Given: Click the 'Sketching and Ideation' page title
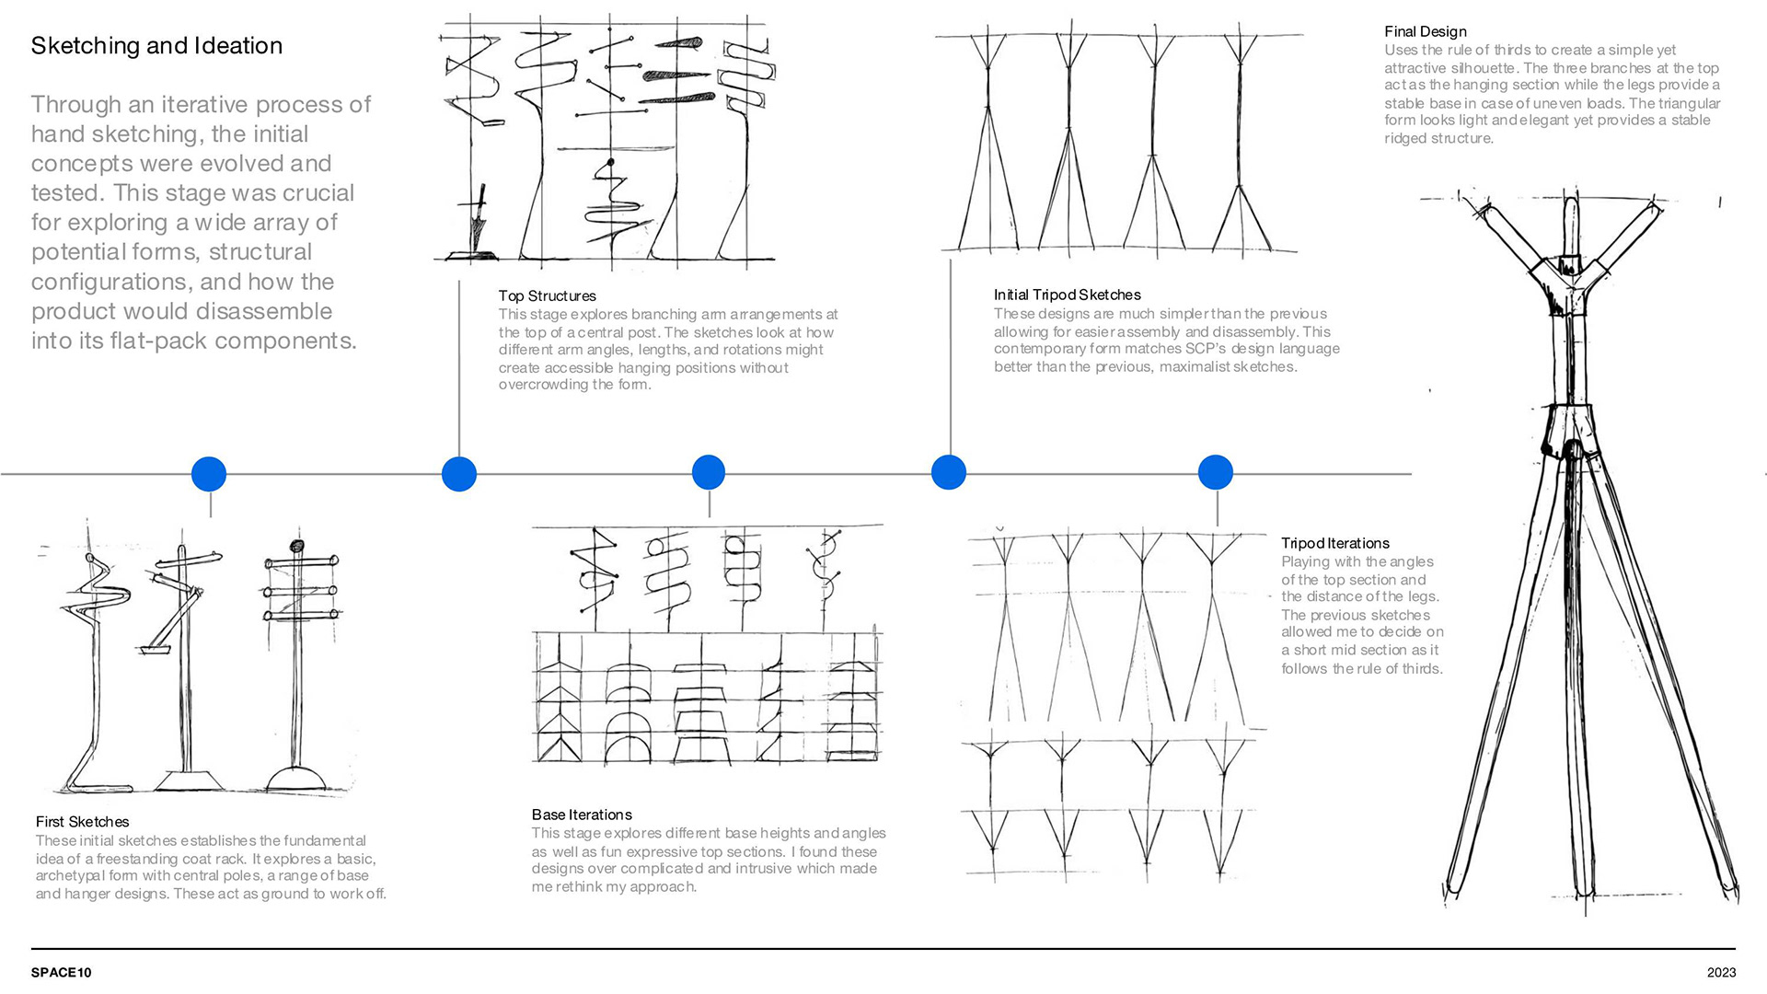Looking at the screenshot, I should click(x=156, y=46).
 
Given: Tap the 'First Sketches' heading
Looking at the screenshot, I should click(x=82, y=822).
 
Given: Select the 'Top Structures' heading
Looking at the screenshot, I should click(x=547, y=296).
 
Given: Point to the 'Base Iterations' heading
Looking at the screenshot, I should click(x=582, y=815).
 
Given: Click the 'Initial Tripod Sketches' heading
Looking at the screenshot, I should click(x=1067, y=295).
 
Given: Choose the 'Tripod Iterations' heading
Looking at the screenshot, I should click(x=1334, y=544).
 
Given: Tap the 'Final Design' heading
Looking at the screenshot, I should click(x=1425, y=32).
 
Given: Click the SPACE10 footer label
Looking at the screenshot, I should click(x=61, y=973).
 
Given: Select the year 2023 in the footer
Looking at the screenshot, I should click(x=1721, y=973).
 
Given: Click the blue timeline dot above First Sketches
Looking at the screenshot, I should click(x=209, y=474).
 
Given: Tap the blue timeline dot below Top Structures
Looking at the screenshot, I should click(x=459, y=474).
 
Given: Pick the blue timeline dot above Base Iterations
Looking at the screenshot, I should click(x=708, y=472).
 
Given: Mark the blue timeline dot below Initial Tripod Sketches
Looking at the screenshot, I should click(x=949, y=472).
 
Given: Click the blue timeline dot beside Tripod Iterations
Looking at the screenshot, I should click(x=1215, y=472).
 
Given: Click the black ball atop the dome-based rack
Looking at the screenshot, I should click(x=296, y=546).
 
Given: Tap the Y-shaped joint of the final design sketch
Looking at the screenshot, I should click(x=1571, y=281).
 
